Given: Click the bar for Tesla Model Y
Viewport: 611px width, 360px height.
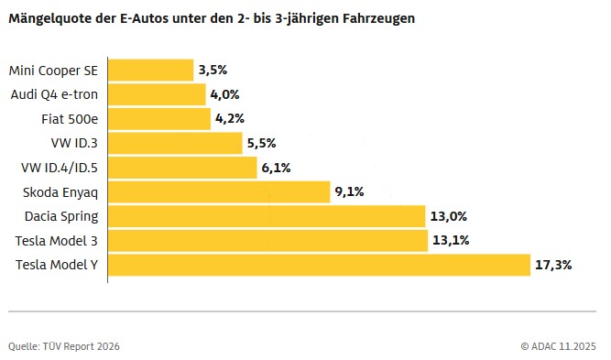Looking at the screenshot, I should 320,265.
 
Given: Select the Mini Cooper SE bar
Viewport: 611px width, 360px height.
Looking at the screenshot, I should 151,71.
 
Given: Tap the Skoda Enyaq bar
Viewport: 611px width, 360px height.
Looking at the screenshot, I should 219,191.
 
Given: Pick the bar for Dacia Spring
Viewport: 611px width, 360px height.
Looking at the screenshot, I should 267,216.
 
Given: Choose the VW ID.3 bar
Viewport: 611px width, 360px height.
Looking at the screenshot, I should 175,143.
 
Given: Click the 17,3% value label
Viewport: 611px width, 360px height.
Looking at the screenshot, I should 554,265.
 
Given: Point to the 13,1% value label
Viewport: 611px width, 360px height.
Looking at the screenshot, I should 452,241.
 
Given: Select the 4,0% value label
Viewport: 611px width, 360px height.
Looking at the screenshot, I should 225,94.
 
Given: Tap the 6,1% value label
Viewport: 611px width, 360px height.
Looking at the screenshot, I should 277,168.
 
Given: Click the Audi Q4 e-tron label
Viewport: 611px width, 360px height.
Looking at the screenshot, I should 54,94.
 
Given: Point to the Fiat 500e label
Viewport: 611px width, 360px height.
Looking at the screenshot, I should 70,118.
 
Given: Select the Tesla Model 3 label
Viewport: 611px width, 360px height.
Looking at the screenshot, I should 57,241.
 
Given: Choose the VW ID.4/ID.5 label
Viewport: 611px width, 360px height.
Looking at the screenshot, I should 59,168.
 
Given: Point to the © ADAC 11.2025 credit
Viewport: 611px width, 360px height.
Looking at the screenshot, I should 558,346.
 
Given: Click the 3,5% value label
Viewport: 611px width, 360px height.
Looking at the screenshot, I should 213,71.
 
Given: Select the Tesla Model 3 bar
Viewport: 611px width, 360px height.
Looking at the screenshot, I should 267,241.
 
